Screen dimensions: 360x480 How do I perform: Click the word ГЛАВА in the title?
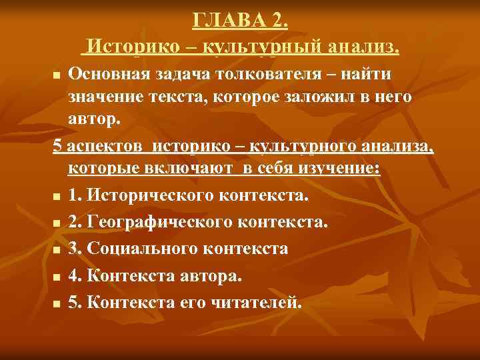[x=229, y=21]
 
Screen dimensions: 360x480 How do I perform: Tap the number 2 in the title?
[x=279, y=21]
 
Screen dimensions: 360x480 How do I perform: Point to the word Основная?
[x=104, y=73]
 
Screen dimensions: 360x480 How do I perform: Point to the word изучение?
[x=336, y=169]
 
